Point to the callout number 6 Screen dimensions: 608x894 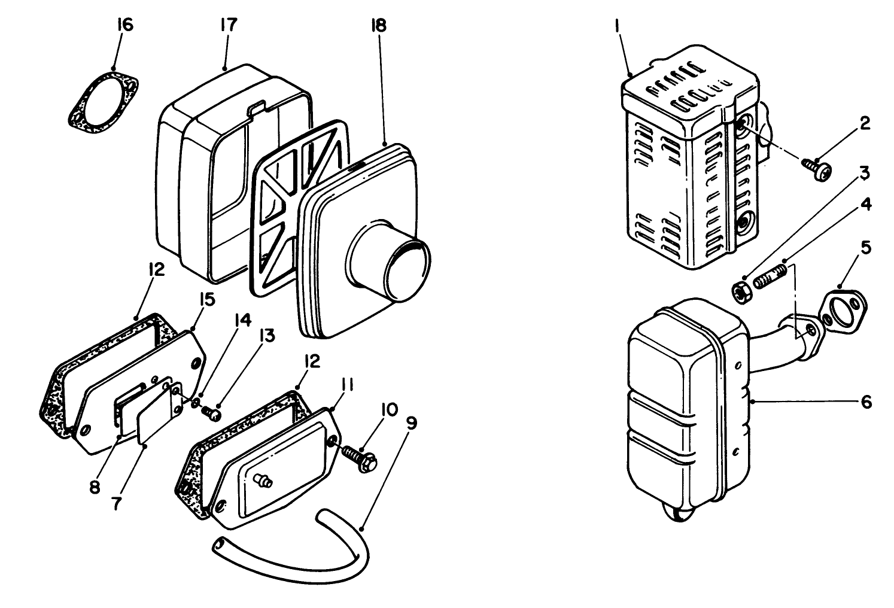tap(866, 402)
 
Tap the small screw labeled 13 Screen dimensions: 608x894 tap(210, 412)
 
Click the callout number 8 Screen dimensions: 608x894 tap(95, 487)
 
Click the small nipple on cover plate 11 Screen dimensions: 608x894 tap(261, 479)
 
